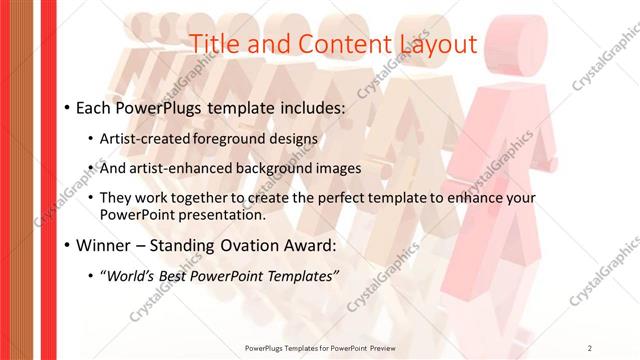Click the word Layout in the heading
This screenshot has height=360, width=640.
pyautogui.click(x=434, y=43)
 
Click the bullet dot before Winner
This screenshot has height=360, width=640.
pyautogui.click(x=66, y=245)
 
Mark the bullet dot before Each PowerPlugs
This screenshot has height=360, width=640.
pyautogui.click(x=66, y=107)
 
